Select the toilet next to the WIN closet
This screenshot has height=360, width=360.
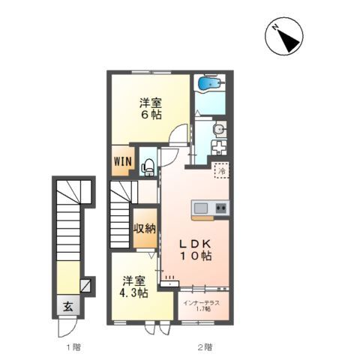coord(148,166)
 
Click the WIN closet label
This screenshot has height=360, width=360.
coord(123,161)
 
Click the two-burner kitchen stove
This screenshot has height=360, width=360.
coord(221,208)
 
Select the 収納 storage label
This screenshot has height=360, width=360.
coord(145,229)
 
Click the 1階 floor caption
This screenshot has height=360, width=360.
coord(72,346)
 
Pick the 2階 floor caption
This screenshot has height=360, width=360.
coord(205,346)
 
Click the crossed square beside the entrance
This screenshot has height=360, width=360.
coord(85,286)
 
